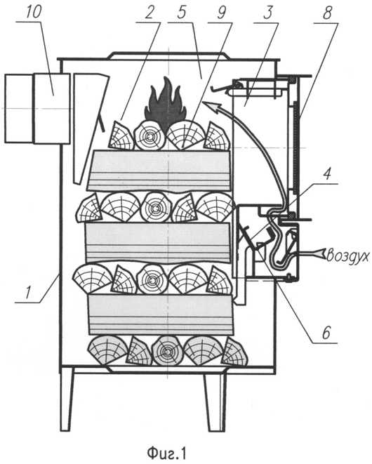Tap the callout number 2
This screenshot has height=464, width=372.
[x=150, y=13]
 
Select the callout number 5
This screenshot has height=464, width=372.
[x=182, y=13]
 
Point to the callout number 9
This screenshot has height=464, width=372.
[x=221, y=13]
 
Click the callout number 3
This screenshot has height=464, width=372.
[x=268, y=13]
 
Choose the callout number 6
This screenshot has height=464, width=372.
[x=326, y=333]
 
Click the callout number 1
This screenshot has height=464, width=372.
[x=27, y=293]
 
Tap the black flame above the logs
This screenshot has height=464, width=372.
[x=165, y=104]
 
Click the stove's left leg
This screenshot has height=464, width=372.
[x=66, y=399]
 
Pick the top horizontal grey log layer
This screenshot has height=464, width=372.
[x=160, y=171]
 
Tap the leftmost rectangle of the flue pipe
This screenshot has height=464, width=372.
[x=19, y=108]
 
